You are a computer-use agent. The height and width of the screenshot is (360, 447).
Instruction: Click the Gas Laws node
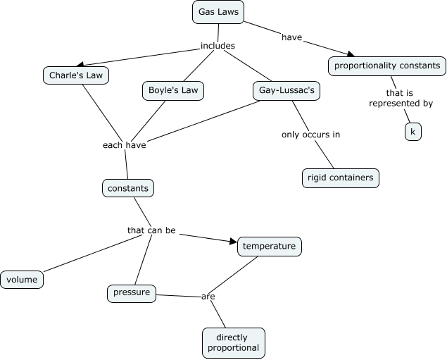(218, 12)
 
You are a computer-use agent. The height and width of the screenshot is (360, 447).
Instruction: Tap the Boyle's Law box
(173, 90)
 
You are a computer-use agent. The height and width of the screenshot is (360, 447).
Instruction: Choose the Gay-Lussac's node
(282, 90)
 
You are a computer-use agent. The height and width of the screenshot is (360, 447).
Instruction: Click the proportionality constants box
(386, 66)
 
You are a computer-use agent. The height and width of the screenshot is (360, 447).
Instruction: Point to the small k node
(413, 132)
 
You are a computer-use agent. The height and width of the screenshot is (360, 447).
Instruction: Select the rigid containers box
(340, 178)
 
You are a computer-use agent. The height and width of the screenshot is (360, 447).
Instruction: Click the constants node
(127, 188)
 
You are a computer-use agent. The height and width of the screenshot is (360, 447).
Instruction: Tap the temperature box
(270, 247)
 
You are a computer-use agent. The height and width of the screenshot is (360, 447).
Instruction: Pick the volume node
(22, 280)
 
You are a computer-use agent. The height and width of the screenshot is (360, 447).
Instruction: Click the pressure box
(132, 293)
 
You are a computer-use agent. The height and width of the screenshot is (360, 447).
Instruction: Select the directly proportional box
(233, 342)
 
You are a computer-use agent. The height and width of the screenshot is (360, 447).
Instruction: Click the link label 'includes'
(218, 46)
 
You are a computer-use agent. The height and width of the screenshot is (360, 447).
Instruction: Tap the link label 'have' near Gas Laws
(291, 37)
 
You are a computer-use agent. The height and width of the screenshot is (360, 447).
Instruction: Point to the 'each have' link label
(123, 145)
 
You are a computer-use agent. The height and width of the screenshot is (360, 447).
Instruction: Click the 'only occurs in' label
(310, 134)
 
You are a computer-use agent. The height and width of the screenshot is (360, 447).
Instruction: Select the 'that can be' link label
(151, 230)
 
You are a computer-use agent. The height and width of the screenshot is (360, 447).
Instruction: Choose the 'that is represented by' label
(401, 98)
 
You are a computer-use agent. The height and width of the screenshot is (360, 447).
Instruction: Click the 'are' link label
(208, 297)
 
